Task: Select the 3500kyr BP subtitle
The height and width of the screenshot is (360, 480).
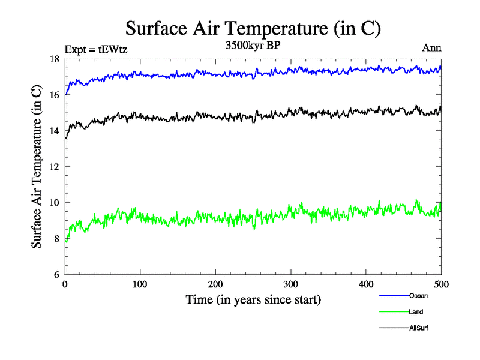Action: click(x=253, y=47)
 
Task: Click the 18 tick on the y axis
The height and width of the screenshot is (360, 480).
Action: click(x=54, y=59)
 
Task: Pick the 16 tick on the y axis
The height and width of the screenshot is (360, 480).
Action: click(x=54, y=95)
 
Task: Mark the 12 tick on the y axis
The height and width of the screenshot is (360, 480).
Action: click(x=54, y=167)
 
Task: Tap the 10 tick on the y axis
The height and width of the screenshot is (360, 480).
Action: click(x=54, y=203)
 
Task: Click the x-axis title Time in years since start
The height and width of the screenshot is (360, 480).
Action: click(x=253, y=299)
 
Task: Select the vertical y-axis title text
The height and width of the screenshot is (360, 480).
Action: click(x=37, y=167)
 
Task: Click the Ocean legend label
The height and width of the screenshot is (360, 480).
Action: click(x=418, y=296)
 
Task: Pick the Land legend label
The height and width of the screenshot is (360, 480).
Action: click(x=416, y=312)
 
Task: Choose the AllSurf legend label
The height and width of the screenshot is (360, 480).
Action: click(x=419, y=328)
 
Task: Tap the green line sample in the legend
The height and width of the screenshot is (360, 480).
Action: click(x=394, y=312)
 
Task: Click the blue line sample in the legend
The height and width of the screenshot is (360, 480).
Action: click(x=394, y=296)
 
